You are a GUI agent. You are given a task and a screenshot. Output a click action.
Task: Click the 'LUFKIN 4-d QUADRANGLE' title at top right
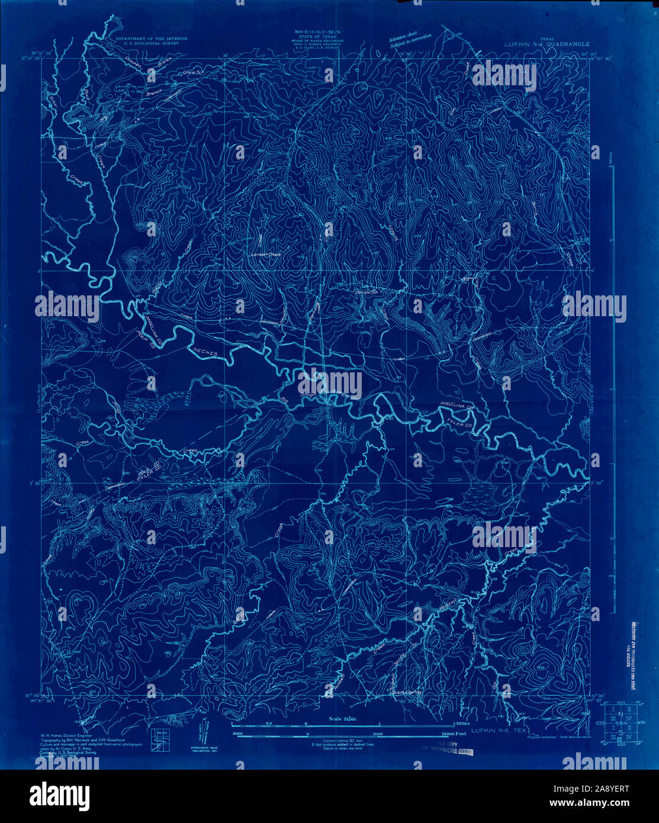click(547, 43)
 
